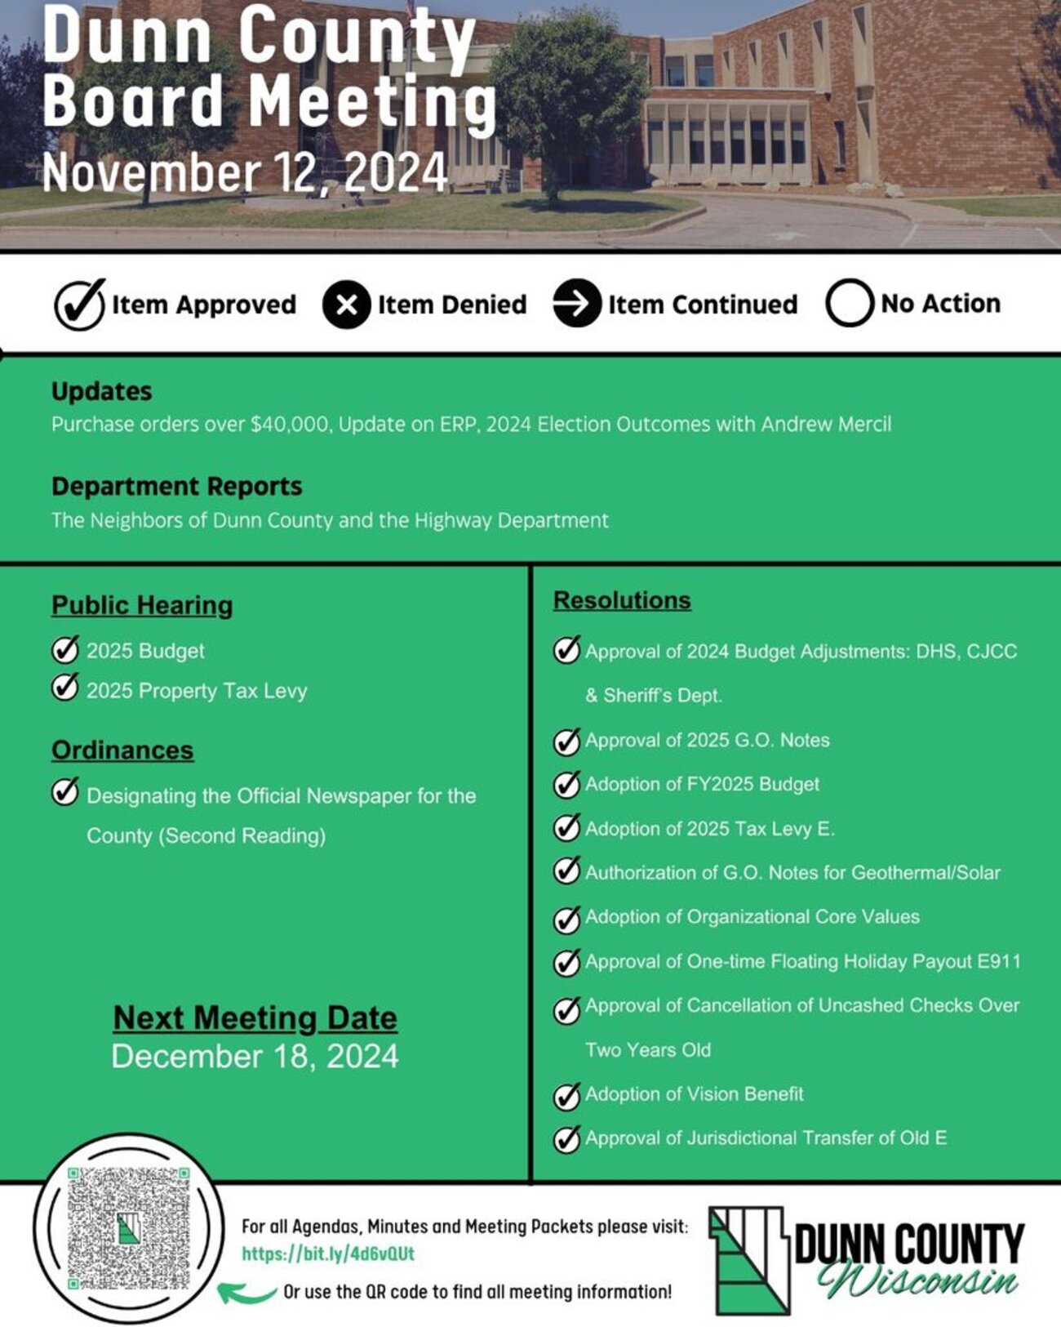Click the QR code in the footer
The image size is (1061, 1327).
tap(128, 1228)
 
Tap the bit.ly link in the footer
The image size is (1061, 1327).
tap(328, 1254)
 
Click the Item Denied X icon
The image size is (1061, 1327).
tap(346, 305)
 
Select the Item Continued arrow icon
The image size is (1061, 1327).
tap(576, 304)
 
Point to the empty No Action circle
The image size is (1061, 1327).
tap(849, 304)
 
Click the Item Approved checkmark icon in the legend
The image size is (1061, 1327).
tap(79, 305)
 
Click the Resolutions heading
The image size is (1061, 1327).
tap(622, 600)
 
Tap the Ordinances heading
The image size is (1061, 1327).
tap(122, 750)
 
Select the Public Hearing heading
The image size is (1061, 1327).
tap(142, 605)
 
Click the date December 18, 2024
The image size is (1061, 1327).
tap(255, 1056)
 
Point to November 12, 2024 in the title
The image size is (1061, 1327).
tap(245, 172)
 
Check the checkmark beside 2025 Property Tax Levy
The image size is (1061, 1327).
tap(64, 688)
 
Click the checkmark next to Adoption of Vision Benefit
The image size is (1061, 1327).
tap(566, 1095)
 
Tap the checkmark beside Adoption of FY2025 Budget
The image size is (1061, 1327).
tap(566, 784)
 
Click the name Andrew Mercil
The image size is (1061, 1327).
tap(826, 424)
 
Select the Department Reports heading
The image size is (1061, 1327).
tap(176, 486)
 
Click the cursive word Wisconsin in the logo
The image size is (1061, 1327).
tap(918, 1280)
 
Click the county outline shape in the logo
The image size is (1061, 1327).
tap(749, 1260)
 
